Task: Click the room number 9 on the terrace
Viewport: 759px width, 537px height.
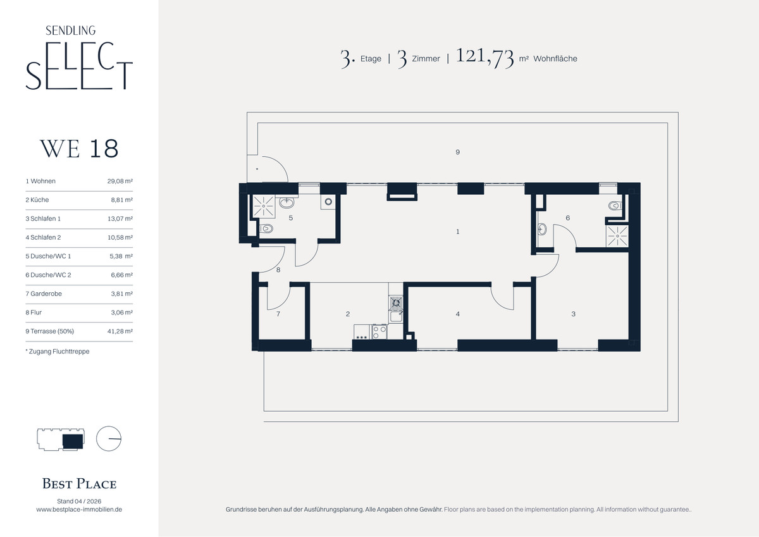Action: pyautogui.click(x=457, y=152)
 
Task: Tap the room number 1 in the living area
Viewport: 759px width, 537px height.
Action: pyautogui.click(x=458, y=231)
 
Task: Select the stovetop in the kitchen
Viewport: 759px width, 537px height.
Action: pyautogui.click(x=379, y=331)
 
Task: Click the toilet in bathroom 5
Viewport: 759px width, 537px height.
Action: pyautogui.click(x=266, y=229)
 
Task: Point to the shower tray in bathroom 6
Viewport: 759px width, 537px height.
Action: pyautogui.click(x=617, y=236)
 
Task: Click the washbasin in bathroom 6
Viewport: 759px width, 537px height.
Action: pyautogui.click(x=542, y=229)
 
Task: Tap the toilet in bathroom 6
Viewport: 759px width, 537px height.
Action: pyautogui.click(x=615, y=206)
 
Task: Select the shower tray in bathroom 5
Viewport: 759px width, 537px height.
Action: pyautogui.click(x=264, y=206)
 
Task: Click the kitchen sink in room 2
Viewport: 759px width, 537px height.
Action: pyautogui.click(x=395, y=316)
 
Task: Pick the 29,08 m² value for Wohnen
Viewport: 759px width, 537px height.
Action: pyautogui.click(x=120, y=182)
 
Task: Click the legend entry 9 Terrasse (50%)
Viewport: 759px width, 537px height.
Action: pyautogui.click(x=49, y=331)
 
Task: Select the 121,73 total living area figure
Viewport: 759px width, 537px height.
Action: pyautogui.click(x=485, y=57)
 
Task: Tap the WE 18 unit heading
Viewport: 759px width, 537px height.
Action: pyautogui.click(x=79, y=149)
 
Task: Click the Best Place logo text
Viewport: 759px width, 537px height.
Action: pyautogui.click(x=79, y=484)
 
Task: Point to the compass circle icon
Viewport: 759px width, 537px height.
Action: pyautogui.click(x=109, y=438)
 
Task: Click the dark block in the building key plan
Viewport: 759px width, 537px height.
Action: pyautogui.click(x=73, y=441)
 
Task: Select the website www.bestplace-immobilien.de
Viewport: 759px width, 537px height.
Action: pyautogui.click(x=79, y=510)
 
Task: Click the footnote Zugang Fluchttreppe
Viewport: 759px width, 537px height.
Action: pyautogui.click(x=58, y=352)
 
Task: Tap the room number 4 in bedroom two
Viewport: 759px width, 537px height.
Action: pyautogui.click(x=458, y=314)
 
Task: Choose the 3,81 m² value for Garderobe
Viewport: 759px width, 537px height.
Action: pyautogui.click(x=121, y=293)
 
